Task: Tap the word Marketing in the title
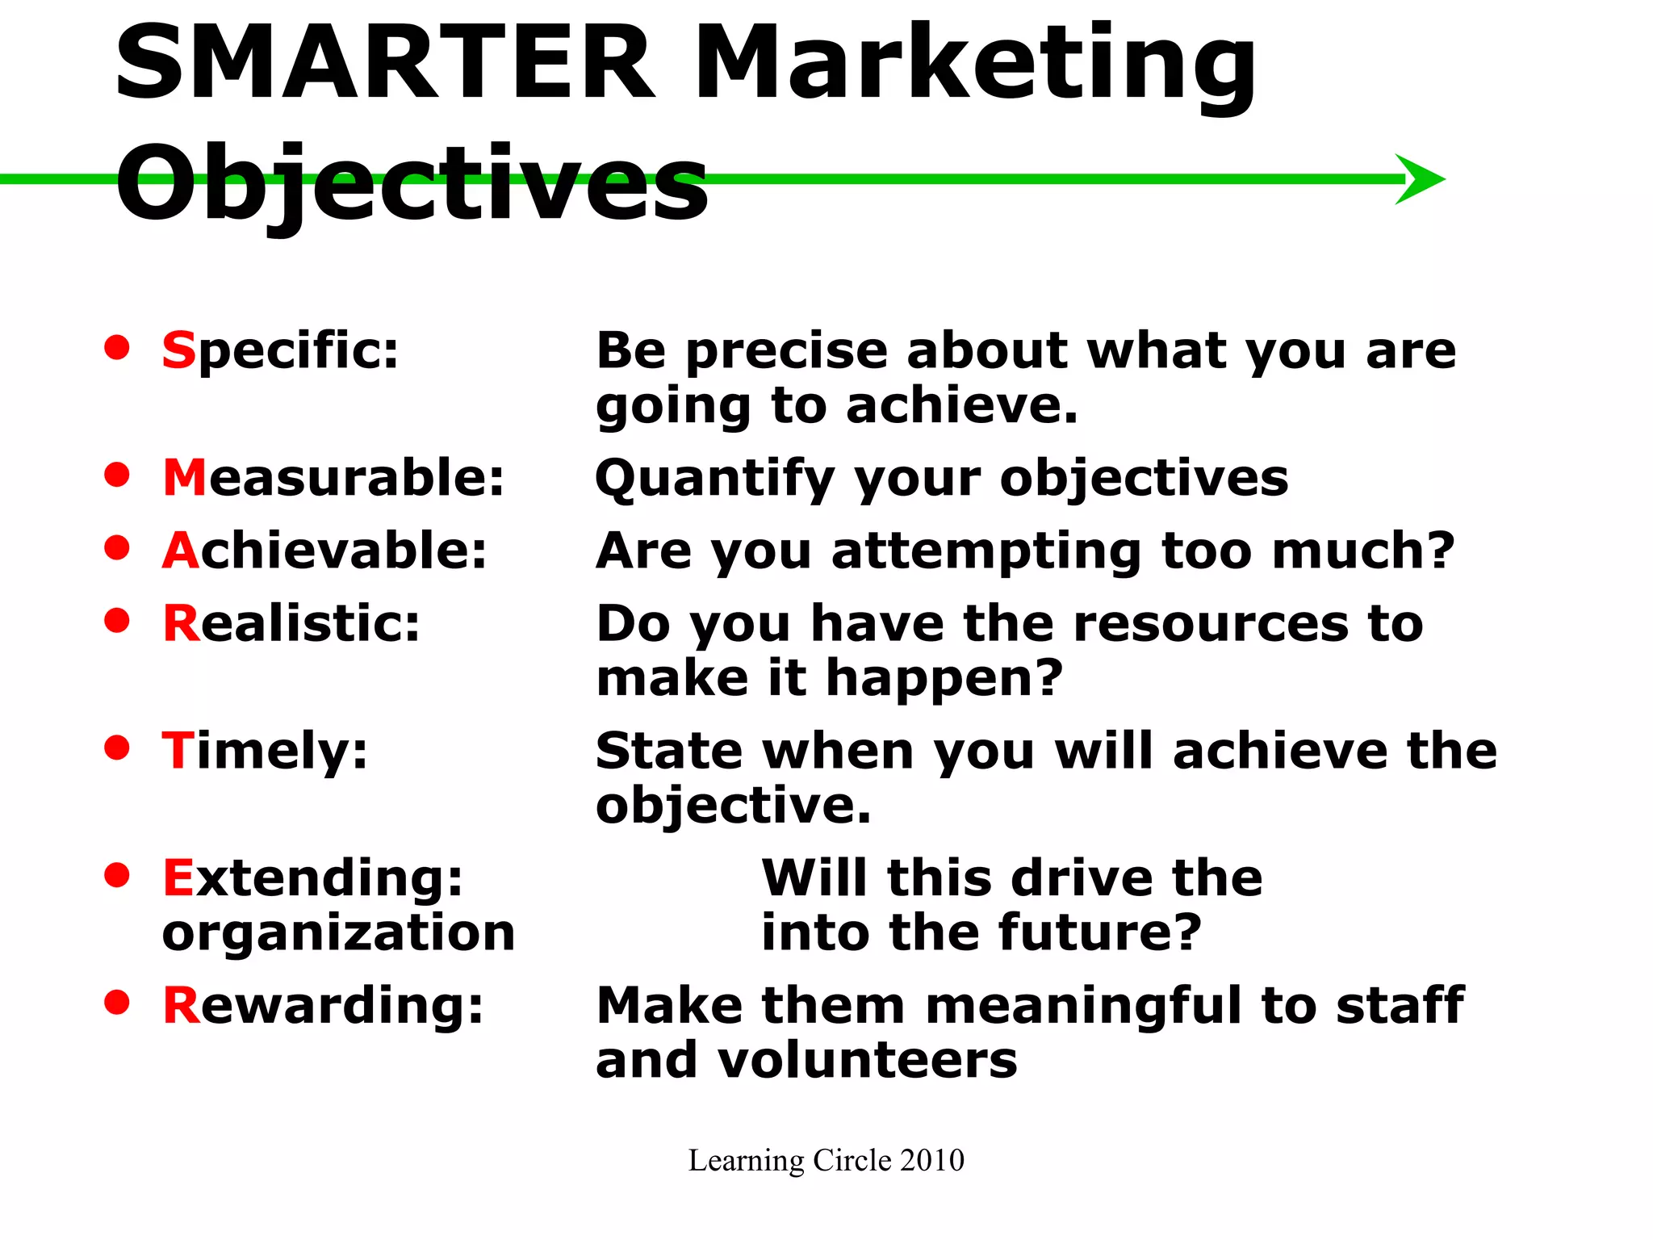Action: [x=974, y=69]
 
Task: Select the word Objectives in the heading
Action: [x=412, y=184]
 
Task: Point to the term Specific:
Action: [x=280, y=352]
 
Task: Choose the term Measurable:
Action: [x=333, y=477]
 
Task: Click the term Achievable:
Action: [x=324, y=551]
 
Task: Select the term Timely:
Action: [x=265, y=752]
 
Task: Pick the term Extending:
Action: [x=313, y=878]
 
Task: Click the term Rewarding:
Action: [x=323, y=1006]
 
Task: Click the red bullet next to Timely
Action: [x=117, y=747]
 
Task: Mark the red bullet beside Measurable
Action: [x=117, y=474]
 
